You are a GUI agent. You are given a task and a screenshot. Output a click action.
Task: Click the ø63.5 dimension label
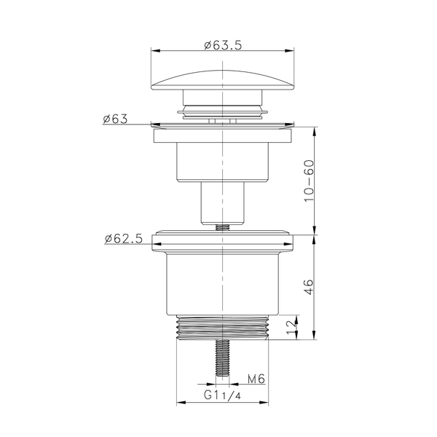click(x=223, y=45)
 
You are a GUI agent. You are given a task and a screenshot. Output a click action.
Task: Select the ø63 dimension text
click(x=115, y=119)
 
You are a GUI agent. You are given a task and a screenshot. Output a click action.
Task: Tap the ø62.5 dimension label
click(x=124, y=239)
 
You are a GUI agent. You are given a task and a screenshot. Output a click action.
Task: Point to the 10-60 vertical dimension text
click(x=309, y=181)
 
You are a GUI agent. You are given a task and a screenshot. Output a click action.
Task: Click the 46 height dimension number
click(x=309, y=287)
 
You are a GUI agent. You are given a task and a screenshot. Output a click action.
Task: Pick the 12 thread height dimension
click(x=291, y=328)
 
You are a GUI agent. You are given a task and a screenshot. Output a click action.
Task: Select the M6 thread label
click(x=256, y=379)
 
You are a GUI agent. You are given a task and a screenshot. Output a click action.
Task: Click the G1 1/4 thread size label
click(x=222, y=395)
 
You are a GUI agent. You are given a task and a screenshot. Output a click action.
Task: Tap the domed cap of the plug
click(x=222, y=80)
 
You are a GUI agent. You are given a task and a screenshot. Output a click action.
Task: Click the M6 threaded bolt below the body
click(x=223, y=358)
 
